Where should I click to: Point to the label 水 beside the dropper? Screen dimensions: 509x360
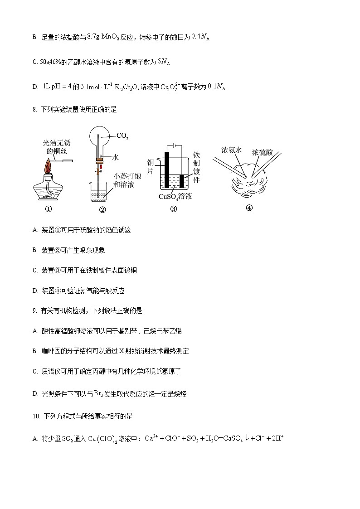coord(115,157)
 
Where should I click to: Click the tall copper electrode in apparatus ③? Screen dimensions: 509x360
coord(167,170)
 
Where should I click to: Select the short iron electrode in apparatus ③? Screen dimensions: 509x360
coord(182,181)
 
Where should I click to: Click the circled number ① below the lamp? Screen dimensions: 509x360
coord(48,209)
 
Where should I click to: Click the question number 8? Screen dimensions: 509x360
coord(34,109)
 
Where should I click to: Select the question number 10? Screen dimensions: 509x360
coord(36,416)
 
